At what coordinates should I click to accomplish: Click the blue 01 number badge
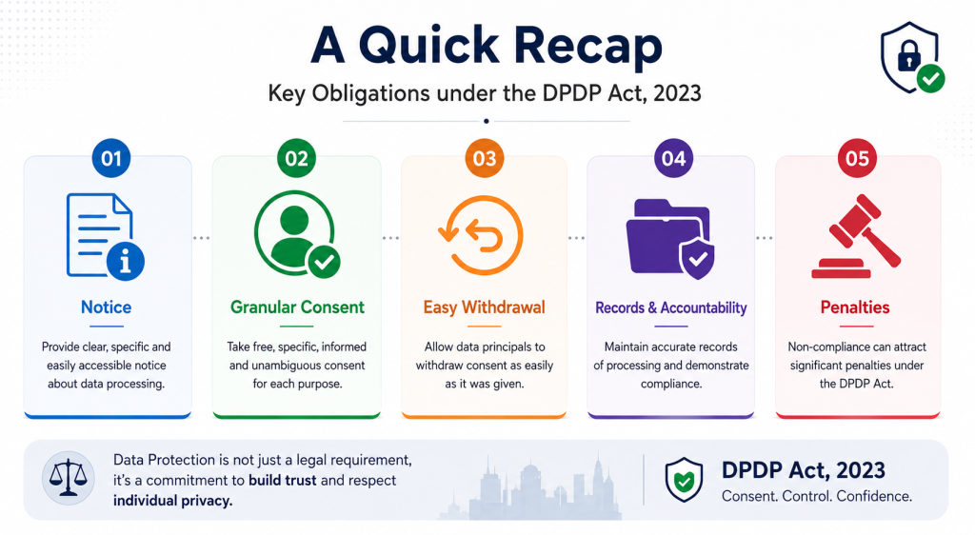(111, 158)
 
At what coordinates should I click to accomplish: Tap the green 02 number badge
(297, 158)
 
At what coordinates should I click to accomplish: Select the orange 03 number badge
(485, 158)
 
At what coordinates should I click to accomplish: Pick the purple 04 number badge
(673, 158)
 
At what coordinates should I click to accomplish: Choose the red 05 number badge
(857, 158)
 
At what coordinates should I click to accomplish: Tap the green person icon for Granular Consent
(297, 233)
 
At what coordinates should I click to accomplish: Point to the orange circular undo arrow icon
(481, 235)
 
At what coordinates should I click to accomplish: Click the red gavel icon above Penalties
(856, 236)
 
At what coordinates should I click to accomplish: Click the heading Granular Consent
(297, 307)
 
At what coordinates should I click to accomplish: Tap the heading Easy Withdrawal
(485, 307)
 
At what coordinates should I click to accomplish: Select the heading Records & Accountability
(671, 307)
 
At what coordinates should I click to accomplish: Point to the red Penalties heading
(855, 307)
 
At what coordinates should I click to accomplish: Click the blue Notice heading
(107, 307)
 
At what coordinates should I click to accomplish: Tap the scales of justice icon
(68, 477)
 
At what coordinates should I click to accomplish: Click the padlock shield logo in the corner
(911, 58)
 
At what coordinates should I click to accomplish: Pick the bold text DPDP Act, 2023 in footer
(804, 470)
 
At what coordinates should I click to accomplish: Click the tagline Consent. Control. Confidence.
(817, 497)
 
